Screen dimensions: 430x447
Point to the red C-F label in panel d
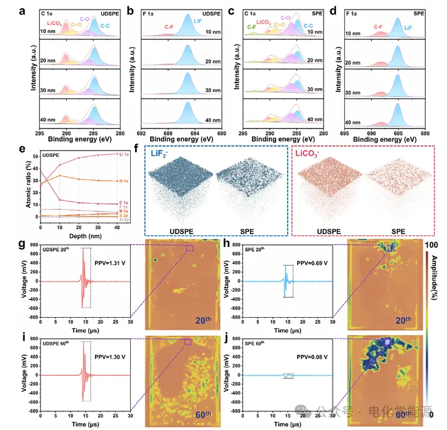click(x=378, y=26)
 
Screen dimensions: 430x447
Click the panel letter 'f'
click(x=145, y=147)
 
